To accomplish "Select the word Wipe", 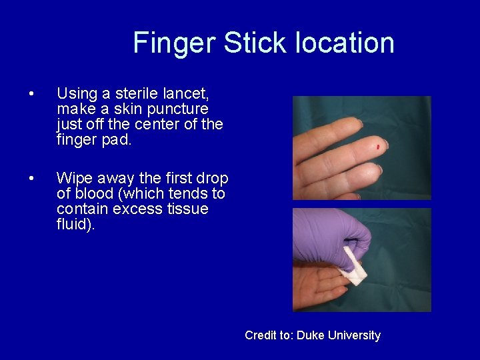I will [x=74, y=179].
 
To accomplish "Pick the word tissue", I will [x=185, y=209].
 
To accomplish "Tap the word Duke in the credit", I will [x=309, y=335].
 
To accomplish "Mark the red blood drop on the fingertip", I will [x=378, y=145].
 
